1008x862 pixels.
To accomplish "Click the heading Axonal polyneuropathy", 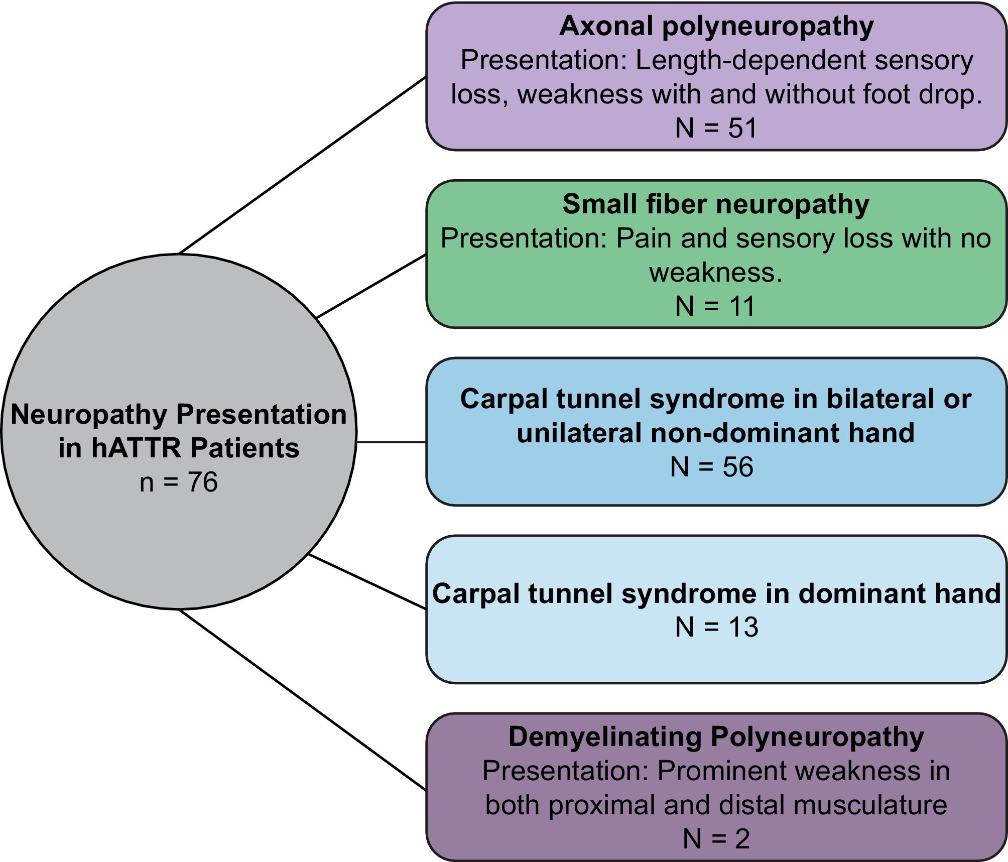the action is (716, 27).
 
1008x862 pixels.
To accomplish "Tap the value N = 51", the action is (716, 128).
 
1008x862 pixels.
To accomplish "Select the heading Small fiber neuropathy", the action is (716, 205).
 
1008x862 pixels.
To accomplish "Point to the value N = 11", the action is (716, 306).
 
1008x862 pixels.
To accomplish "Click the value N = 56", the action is (712, 467).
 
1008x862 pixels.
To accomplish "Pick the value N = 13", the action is (717, 627).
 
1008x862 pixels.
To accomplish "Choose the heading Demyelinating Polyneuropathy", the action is (716, 737).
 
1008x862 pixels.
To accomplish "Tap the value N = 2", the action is (716, 838).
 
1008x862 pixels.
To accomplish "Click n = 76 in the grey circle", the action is (179, 482).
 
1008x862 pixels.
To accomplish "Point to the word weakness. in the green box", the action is (716, 273).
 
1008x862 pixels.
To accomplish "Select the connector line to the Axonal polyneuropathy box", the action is (303, 165).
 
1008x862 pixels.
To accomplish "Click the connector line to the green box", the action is (372, 286).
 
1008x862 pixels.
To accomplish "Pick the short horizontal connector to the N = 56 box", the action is (392, 442).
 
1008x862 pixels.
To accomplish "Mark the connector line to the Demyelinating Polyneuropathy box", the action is (303, 700).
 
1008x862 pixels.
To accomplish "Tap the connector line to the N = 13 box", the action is (367, 582).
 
